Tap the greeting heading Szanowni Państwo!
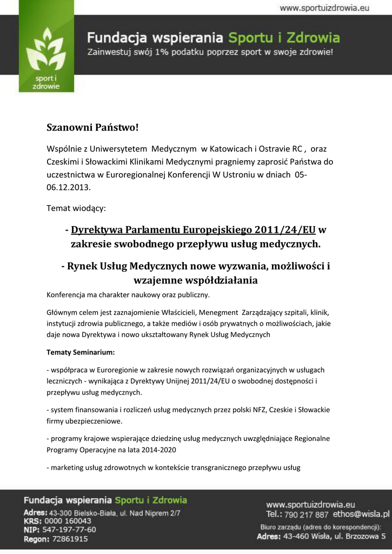[92, 128]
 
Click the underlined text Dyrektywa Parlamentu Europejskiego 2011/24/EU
[193, 229]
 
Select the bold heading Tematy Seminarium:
[81, 352]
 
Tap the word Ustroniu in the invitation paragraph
[244, 175]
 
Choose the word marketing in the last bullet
[66, 467]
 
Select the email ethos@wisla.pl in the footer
[361, 514]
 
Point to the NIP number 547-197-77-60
[69, 530]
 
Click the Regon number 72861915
[69, 539]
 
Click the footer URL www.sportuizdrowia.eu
[310, 504]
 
